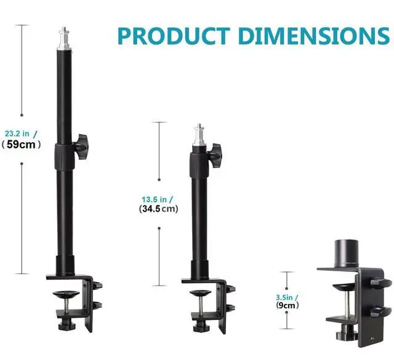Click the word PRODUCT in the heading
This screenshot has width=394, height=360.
coord(174,36)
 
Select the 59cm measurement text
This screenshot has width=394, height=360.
coord(21,145)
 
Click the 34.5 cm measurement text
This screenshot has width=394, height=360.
coord(159,209)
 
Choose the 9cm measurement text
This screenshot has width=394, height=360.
coord(287,305)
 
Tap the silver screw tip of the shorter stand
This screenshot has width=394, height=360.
coord(199,134)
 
